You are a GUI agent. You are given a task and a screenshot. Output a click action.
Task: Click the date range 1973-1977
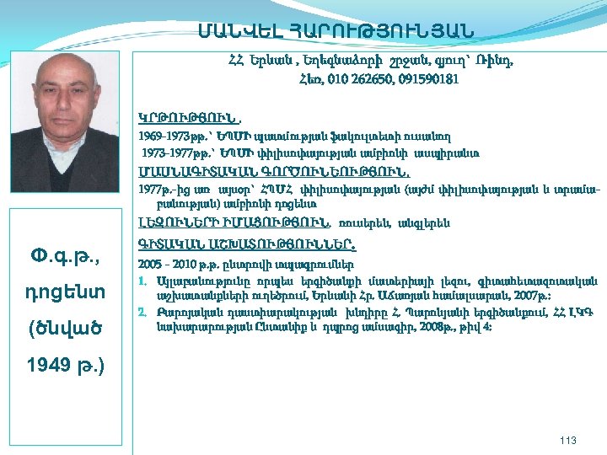pyautogui.click(x=165, y=153)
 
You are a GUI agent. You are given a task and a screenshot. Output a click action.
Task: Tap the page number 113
pyautogui.click(x=569, y=439)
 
